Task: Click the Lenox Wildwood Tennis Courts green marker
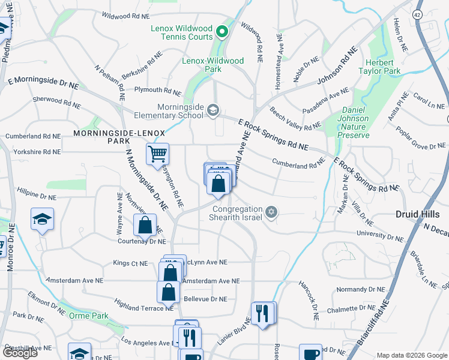tap(221, 31)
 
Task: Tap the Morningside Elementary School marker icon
tap(212, 110)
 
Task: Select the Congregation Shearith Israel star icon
tap(271, 211)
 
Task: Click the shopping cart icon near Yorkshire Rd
tap(157, 153)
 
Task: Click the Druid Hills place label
tap(421, 214)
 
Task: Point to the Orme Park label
tap(89, 316)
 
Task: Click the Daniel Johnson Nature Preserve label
tap(355, 122)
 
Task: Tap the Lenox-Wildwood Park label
tap(214, 65)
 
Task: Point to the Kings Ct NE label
tap(130, 263)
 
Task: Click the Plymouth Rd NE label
tap(158, 90)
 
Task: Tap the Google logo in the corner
tap(20, 352)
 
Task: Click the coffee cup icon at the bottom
tap(311, 354)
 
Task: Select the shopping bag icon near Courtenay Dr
tap(145, 226)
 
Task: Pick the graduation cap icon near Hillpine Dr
tap(43, 220)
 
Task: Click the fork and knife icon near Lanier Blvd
tap(262, 314)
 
